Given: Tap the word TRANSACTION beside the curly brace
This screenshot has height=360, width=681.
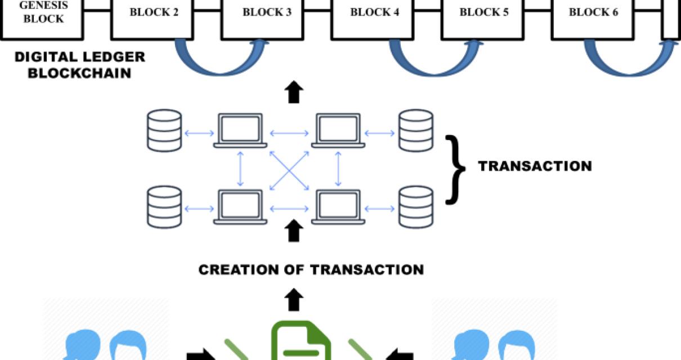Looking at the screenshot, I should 535,166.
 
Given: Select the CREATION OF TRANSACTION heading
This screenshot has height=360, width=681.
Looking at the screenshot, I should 311,269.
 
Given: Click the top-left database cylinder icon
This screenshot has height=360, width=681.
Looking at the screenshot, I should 164,129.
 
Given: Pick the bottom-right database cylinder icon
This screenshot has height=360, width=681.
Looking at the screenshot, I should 416,207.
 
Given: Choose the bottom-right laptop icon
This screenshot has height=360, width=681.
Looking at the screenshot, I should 338,208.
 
